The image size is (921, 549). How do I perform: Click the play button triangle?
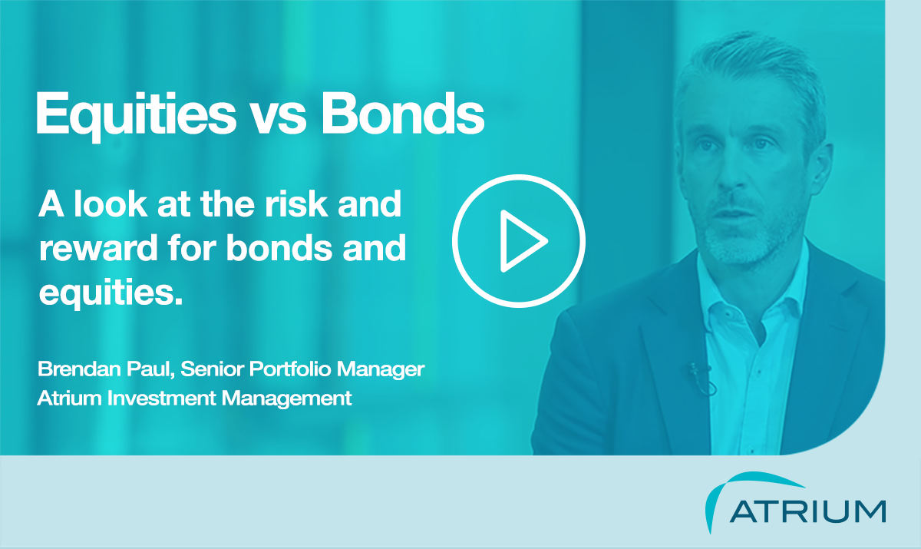click(x=520, y=241)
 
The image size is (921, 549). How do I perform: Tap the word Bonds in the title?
click(x=402, y=113)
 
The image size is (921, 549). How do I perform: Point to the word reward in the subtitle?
click(x=99, y=248)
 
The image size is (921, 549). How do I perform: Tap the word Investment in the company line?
click(x=162, y=398)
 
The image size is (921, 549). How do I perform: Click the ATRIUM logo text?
click(x=807, y=511)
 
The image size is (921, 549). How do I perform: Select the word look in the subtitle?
click(x=111, y=203)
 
